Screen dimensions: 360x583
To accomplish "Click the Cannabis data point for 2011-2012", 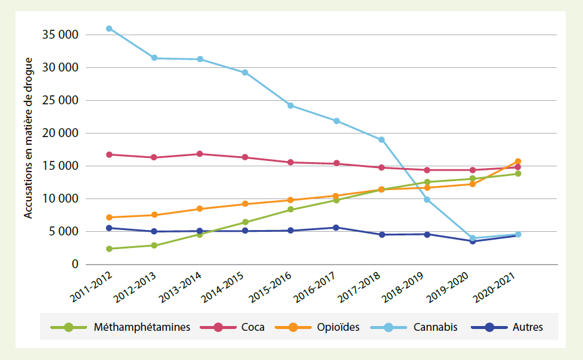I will pyautogui.click(x=109, y=29).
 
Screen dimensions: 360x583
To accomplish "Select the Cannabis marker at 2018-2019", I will pyautogui.click(x=427, y=200).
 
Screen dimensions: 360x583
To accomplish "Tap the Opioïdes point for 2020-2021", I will pyautogui.click(x=518, y=162).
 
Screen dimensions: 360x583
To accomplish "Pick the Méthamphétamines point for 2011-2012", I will pyautogui.click(x=109, y=249).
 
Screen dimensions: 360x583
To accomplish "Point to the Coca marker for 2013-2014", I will pyautogui.click(x=200, y=154).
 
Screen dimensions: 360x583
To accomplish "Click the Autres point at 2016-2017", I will pyautogui.click(x=336, y=228).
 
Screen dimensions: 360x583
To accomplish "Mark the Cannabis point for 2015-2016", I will pyautogui.click(x=290, y=105).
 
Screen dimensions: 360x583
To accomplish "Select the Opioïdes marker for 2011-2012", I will pyautogui.click(x=109, y=218).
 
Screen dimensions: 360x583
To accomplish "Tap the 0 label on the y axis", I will pyautogui.click(x=75, y=264).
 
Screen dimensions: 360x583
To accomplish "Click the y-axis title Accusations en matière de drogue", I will pyautogui.click(x=28, y=138).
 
